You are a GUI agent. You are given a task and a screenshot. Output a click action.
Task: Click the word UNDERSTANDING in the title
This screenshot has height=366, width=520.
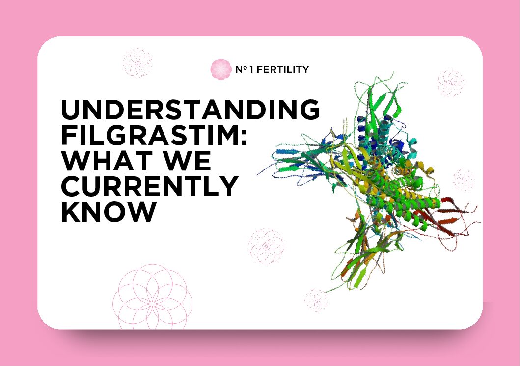[x=190, y=110]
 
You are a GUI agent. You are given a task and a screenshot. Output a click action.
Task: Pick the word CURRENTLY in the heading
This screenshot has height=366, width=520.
[x=149, y=187]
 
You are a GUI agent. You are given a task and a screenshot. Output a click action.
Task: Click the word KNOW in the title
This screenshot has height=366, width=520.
[x=108, y=212]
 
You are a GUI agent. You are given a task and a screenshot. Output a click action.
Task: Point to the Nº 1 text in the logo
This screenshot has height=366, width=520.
[x=241, y=70]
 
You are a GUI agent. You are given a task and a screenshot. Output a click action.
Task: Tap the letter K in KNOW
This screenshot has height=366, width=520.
[x=70, y=212]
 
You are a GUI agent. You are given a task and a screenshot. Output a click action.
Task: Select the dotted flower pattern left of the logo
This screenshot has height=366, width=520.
[x=137, y=63]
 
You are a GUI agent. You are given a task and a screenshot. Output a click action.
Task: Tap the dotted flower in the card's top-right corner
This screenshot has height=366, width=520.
[x=450, y=83]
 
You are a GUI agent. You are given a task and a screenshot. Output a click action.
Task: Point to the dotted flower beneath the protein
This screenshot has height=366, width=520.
[x=316, y=300]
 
